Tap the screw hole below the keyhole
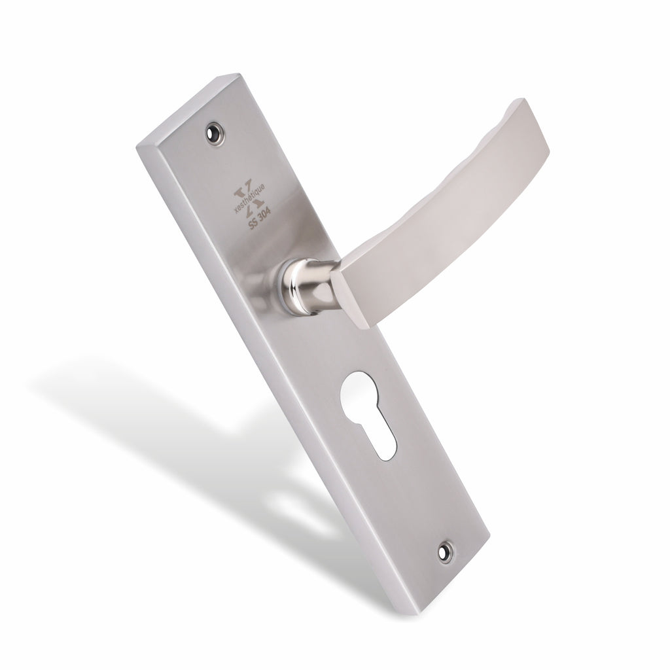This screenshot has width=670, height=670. coord(446,553)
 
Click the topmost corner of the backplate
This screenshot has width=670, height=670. coord(236,74)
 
